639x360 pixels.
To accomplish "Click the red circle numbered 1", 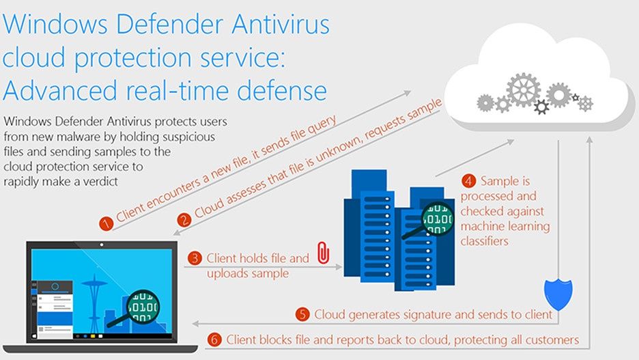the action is pos(106,224).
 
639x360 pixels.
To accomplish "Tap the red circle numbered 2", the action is pos(184,220).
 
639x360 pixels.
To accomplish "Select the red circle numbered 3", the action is pos(195,258).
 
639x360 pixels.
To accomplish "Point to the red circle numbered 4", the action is pos(468,180).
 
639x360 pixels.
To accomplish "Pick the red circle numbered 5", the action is pos(302,314).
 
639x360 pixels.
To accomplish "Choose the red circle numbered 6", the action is pos(214,340).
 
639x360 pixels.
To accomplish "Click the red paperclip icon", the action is pos(323,252).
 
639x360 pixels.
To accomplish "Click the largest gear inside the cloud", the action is pos(523,90).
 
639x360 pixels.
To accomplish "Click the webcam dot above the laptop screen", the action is pos(102,245).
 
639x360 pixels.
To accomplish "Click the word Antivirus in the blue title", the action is pos(281,24).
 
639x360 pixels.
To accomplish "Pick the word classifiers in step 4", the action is pos(485,241).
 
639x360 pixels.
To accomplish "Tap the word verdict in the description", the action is pos(100,182).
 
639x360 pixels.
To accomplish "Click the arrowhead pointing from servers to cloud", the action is pos(510,142).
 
